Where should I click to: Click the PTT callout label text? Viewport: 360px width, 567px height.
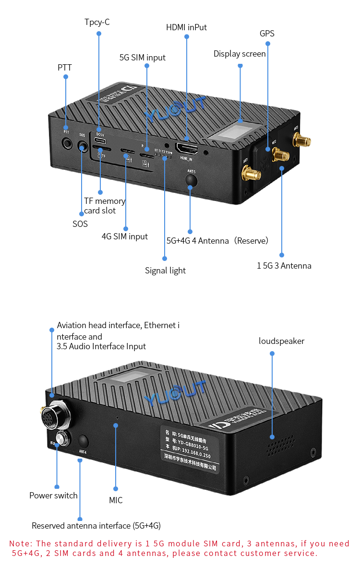tap(65, 67)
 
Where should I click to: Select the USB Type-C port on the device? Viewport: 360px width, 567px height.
tap(100, 141)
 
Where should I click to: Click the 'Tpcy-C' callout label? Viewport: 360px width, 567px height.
tap(97, 22)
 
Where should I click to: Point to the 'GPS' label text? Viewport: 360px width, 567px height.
tap(267, 34)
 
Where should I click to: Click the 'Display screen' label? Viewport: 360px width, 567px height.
tap(240, 54)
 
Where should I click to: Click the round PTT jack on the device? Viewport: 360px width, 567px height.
tap(66, 143)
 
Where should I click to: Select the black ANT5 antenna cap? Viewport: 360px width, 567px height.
tap(191, 180)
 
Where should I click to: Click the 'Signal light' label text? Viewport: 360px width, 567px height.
tap(165, 271)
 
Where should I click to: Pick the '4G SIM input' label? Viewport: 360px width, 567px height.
tap(124, 236)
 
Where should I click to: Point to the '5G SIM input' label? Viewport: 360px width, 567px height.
tap(142, 58)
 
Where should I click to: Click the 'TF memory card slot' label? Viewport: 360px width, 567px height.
tap(104, 206)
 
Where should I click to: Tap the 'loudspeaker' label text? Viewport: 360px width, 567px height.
tap(281, 341)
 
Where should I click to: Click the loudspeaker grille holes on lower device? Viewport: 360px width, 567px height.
tap(280, 446)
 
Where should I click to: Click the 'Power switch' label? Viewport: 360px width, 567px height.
tap(53, 496)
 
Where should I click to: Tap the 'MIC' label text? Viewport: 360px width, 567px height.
tap(116, 500)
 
